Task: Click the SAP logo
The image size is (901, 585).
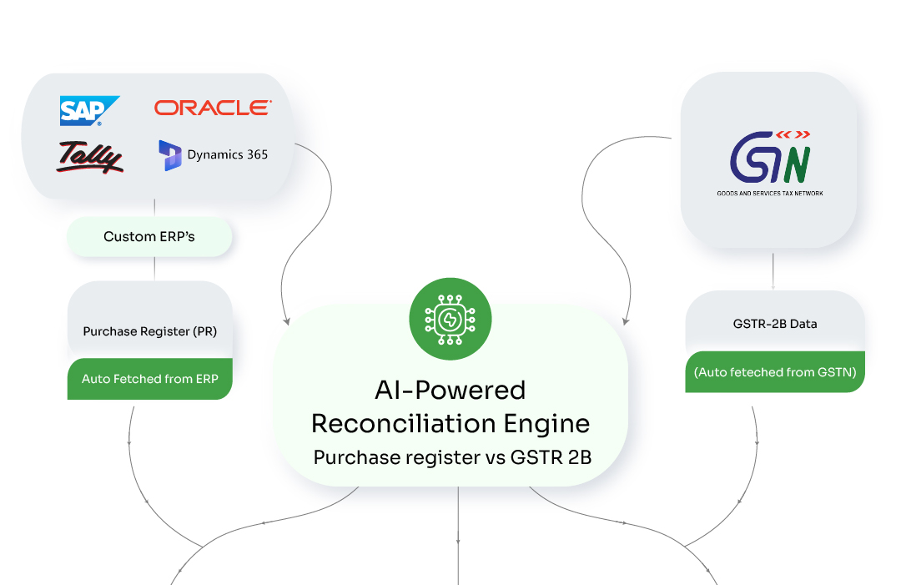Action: tap(89, 110)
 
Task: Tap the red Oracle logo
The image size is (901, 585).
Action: tap(213, 108)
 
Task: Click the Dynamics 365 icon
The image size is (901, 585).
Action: tap(170, 155)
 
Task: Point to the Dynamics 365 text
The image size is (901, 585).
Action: tap(228, 154)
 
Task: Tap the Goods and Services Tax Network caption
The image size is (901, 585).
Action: tap(769, 193)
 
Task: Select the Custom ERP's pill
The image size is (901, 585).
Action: tap(149, 236)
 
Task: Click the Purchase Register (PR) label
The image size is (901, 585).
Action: tap(150, 331)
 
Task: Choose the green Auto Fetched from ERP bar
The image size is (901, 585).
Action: tap(150, 379)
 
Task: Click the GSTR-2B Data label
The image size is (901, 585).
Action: tap(775, 324)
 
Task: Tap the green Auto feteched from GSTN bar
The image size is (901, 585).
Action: tap(775, 372)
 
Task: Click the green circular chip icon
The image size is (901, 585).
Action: tap(450, 319)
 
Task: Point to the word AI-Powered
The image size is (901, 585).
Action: tap(450, 390)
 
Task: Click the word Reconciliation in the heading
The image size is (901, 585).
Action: tap(404, 423)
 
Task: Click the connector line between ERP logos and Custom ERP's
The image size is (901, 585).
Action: tap(154, 209)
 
